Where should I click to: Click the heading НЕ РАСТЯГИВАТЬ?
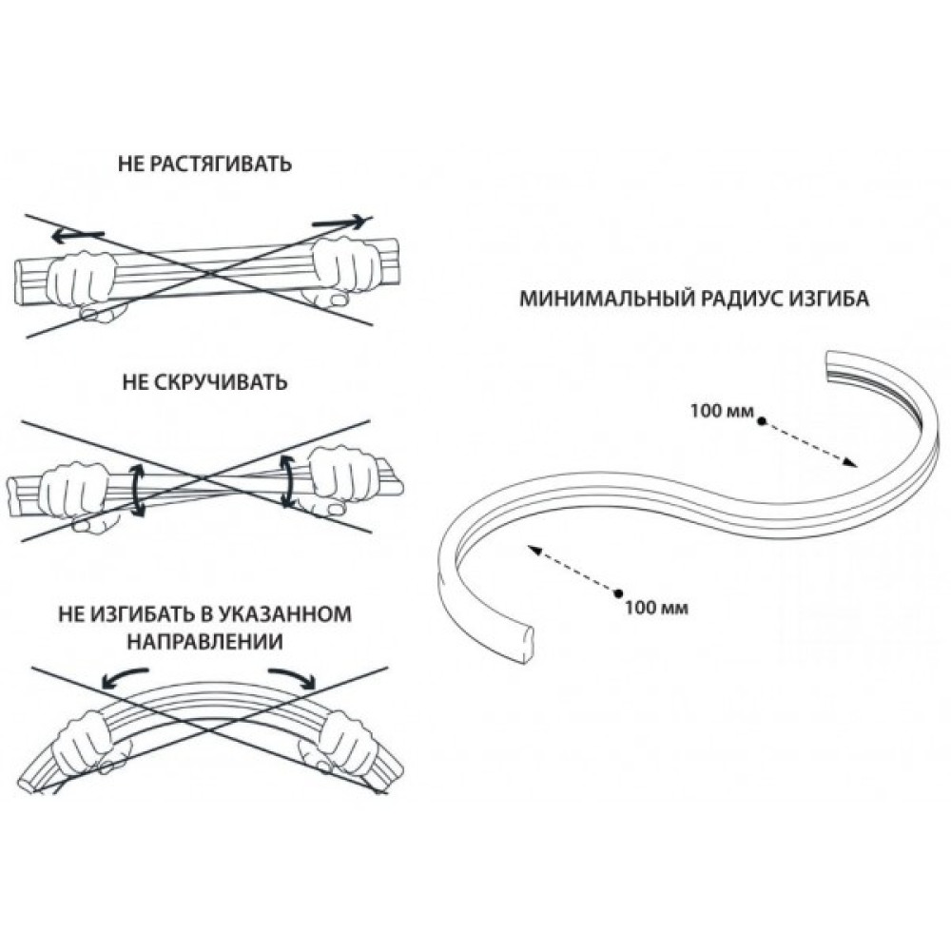204,165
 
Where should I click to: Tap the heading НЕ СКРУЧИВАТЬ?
204,383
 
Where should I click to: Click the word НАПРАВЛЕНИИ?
204,640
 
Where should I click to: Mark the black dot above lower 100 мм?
618,591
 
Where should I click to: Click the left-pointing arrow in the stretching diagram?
76,233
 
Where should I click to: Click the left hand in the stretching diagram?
86,277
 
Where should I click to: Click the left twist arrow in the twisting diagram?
138,490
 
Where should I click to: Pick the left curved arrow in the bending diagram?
126,674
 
